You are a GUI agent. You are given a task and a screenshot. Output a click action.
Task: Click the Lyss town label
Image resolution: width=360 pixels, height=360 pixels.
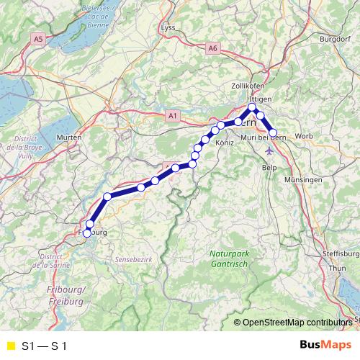[x=168, y=27]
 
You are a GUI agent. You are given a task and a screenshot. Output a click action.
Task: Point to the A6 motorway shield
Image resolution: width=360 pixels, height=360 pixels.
[x=212, y=48]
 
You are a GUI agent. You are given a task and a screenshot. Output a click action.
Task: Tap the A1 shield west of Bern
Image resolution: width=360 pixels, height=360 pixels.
[x=171, y=115]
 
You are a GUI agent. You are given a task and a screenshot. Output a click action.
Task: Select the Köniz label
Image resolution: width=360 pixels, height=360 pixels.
[x=225, y=144]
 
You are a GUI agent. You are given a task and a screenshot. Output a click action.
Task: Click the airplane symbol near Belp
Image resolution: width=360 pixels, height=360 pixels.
[x=269, y=151]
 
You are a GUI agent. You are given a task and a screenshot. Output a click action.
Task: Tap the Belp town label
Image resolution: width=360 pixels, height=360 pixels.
[x=270, y=166]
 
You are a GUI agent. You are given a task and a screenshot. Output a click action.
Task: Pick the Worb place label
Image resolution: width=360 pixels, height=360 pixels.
[x=304, y=135]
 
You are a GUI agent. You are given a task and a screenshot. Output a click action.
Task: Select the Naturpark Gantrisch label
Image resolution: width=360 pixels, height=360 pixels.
[x=230, y=258]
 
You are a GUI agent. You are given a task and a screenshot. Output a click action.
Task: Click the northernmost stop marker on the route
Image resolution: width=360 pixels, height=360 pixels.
[x=253, y=108]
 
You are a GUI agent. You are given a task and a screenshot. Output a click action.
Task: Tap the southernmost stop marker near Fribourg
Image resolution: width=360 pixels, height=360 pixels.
[x=88, y=233]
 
